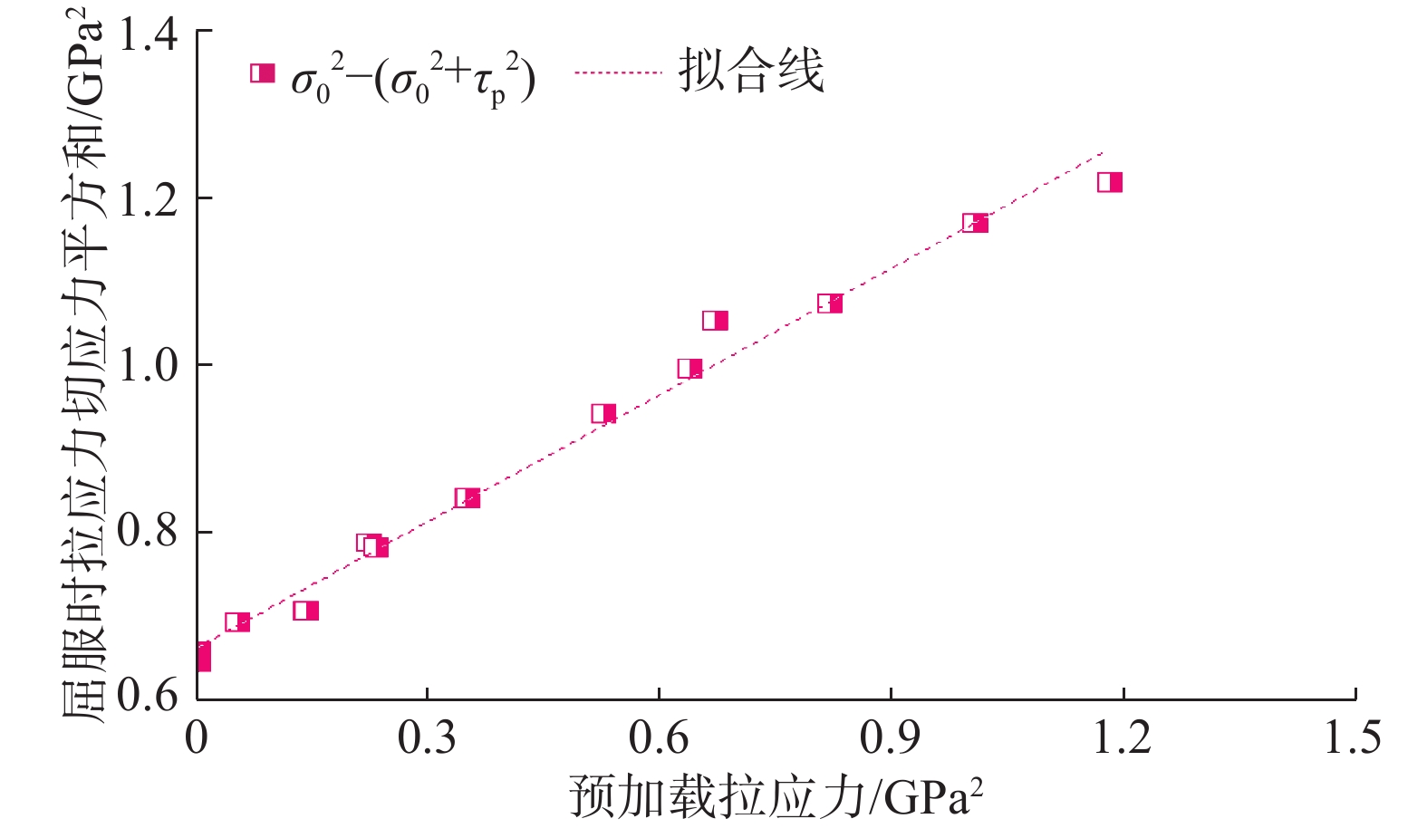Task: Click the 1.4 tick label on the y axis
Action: [148, 34]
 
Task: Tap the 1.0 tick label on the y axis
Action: [148, 366]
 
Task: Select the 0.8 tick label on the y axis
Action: [148, 532]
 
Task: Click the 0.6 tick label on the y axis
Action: [148, 696]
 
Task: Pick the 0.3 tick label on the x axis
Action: [427, 737]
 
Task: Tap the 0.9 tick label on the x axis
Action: [891, 737]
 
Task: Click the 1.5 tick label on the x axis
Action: [1353, 737]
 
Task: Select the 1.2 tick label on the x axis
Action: [1122, 737]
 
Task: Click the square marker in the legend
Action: [263, 72]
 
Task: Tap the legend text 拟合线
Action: [751, 71]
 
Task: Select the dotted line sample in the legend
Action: [618, 72]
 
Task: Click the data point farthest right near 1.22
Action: [1110, 182]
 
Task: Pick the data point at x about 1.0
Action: [975, 223]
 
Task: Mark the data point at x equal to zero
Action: [202, 657]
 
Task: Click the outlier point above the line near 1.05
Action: [715, 320]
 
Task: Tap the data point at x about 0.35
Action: [467, 497]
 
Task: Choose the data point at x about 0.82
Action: [830, 303]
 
